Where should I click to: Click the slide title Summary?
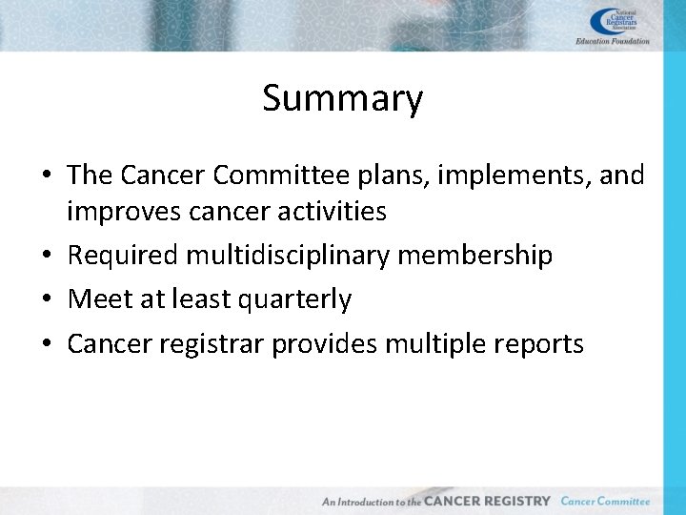tap(342, 98)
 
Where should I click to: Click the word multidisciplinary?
tap(285, 256)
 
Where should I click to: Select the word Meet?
tap(100, 299)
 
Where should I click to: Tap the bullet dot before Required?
tap(47, 257)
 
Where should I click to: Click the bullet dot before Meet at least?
tap(47, 300)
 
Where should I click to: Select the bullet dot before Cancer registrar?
tap(47, 344)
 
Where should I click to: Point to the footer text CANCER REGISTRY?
tap(487, 501)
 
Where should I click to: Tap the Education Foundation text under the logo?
tap(613, 41)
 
